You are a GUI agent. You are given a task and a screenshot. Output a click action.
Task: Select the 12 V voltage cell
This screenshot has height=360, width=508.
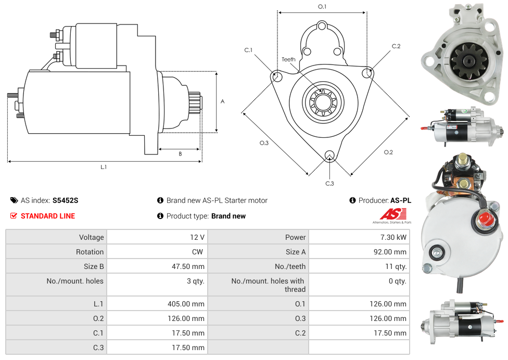point(197,237)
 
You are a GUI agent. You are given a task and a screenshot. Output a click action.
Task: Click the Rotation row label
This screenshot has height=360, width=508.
point(90,252)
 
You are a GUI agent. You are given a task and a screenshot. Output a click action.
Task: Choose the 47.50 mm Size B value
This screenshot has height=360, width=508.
point(188,266)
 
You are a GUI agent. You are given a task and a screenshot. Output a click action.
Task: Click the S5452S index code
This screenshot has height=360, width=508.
point(65,200)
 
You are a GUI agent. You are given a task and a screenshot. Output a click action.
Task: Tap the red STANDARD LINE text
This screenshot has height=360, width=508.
point(48,216)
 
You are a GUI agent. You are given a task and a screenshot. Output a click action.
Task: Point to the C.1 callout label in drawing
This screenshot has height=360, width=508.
point(248,50)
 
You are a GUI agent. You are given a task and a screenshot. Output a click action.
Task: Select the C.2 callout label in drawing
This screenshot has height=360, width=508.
point(396,46)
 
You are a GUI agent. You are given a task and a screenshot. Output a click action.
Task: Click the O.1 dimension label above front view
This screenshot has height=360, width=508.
point(322,7)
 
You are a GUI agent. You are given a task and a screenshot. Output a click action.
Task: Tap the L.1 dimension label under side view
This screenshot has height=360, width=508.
point(104,167)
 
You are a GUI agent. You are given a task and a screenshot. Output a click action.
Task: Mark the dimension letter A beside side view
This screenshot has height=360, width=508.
point(223,101)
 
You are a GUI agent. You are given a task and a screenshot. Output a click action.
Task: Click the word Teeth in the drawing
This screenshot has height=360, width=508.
point(288,59)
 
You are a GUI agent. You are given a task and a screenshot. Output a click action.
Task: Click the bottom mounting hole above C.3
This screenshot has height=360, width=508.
point(329,156)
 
